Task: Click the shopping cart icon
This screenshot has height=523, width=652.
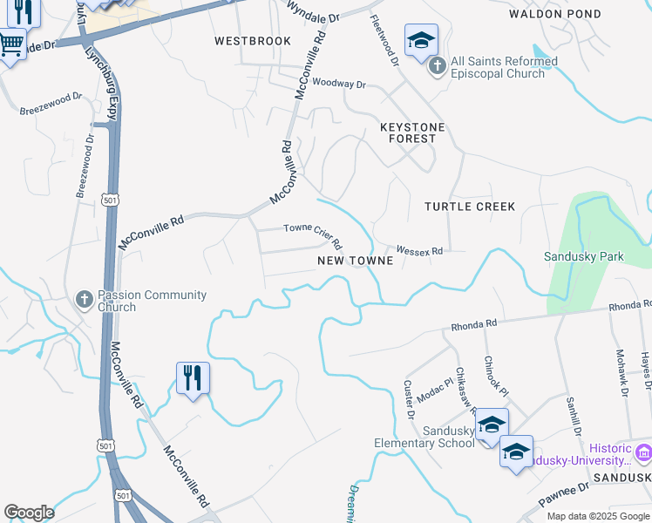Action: (x=12, y=43)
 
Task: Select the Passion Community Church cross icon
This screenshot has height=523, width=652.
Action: (x=85, y=300)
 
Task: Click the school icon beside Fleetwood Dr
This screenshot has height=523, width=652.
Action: (x=421, y=40)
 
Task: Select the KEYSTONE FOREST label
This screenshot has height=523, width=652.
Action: (x=412, y=132)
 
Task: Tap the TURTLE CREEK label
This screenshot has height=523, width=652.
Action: (x=470, y=207)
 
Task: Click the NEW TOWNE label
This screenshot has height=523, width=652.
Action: (x=355, y=261)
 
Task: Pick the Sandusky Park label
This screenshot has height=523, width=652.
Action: (x=584, y=256)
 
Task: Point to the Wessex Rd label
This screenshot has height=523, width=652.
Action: (x=420, y=250)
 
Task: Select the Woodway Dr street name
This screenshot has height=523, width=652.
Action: (x=339, y=84)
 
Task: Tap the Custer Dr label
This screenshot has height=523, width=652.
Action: (x=409, y=397)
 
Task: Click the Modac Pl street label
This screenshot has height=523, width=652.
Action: (x=435, y=384)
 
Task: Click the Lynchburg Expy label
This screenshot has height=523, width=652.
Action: (x=101, y=82)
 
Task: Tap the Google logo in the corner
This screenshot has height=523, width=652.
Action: (x=29, y=513)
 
